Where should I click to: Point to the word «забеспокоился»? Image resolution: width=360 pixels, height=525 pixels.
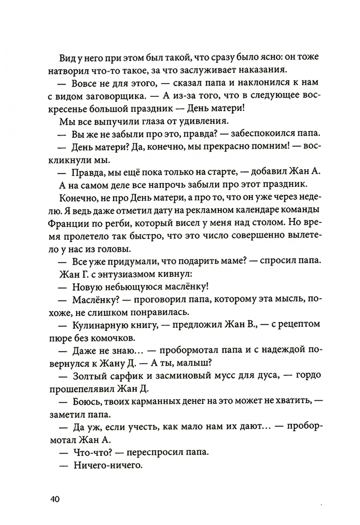tap(264, 134)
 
